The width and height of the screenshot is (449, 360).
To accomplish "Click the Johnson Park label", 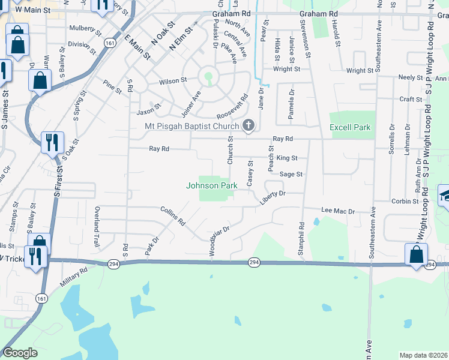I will click(212, 185).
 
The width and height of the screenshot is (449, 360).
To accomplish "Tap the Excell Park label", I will click(351, 128).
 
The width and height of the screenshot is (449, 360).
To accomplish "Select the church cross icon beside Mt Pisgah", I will click(247, 126).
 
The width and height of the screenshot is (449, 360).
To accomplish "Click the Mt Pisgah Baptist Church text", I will click(192, 126).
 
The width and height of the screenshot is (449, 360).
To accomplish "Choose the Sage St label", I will click(291, 174).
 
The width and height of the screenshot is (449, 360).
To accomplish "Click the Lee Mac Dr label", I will click(339, 211).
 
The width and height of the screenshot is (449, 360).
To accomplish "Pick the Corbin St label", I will click(405, 202).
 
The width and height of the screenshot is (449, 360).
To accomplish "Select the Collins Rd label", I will click(173, 217).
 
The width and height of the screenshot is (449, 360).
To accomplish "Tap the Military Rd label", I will click(74, 278).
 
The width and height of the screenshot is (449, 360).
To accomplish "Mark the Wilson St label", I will click(173, 80).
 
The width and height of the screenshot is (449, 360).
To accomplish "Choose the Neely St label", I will click(411, 78).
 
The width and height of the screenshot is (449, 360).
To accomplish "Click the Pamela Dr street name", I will click(292, 104).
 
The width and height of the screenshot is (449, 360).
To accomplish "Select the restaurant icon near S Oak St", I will click(52, 142).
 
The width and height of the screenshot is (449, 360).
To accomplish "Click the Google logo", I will click(20, 353).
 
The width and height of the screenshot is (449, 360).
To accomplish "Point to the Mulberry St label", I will click(83, 28).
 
